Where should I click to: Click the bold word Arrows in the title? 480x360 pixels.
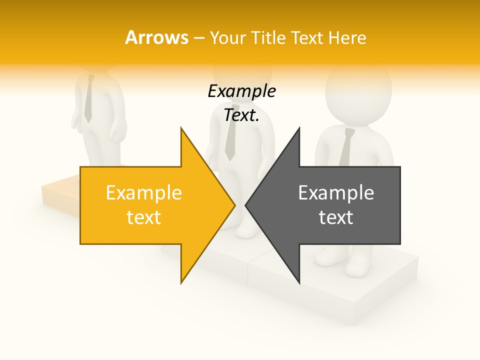(x=156, y=37)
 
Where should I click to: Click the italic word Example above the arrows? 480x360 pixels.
(x=242, y=91)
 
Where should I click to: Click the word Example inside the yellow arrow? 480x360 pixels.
(x=144, y=193)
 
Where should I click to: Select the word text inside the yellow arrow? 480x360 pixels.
(x=144, y=217)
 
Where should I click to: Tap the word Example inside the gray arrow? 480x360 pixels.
(x=336, y=193)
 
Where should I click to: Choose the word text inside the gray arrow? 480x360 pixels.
(x=336, y=217)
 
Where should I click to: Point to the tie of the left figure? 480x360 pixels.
(x=88, y=100)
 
